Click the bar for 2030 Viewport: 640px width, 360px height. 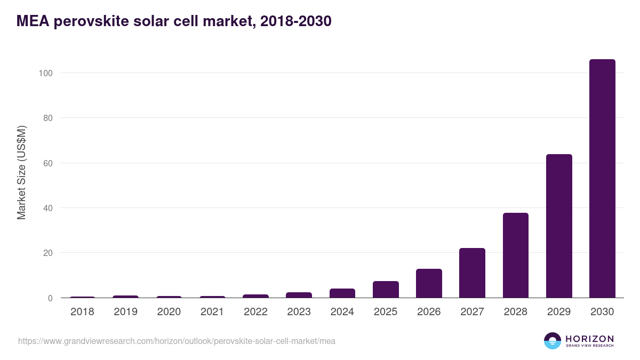[602, 179]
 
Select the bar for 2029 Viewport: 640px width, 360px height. [559, 226]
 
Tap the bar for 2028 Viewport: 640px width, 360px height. [515, 255]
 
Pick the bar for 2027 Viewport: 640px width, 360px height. [472, 273]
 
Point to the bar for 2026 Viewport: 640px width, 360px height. [429, 283]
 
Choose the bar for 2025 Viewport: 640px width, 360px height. [386, 290]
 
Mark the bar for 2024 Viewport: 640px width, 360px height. [342, 293]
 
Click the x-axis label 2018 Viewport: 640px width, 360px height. [82, 312]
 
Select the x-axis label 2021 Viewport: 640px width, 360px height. [212, 312]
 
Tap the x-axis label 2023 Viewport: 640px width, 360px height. [299, 312]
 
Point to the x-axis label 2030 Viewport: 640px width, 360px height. [602, 312]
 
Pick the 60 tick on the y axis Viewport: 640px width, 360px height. [47, 163]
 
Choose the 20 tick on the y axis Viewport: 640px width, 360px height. [47, 253]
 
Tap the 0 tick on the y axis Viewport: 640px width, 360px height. [50, 298]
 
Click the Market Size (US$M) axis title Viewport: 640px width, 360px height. [21, 172]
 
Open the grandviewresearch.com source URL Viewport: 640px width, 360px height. [177, 341]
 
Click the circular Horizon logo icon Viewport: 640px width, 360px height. [553, 341]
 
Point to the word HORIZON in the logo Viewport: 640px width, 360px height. [589, 338]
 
